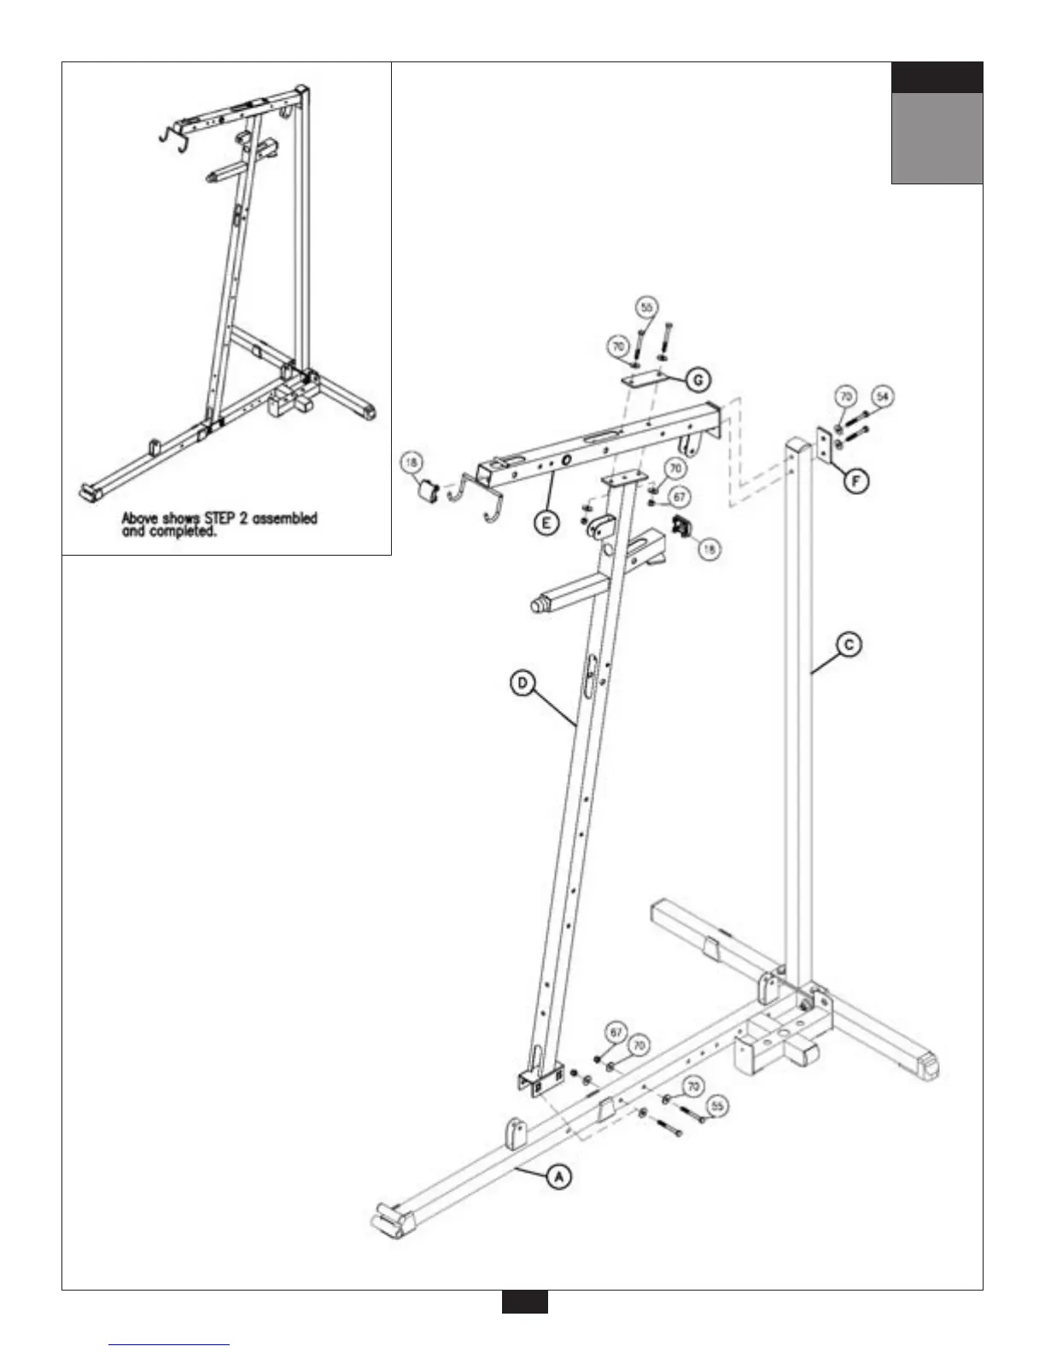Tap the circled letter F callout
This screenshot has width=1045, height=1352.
point(855,481)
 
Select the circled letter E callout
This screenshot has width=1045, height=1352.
point(547,522)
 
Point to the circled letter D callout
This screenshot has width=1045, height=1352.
point(522,683)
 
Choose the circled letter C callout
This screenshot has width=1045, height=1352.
point(849,644)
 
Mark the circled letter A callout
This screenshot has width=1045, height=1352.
point(558,1177)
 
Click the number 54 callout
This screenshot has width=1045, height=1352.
point(882,397)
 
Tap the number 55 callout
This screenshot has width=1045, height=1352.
point(718,1106)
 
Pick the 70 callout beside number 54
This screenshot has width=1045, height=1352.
point(845,397)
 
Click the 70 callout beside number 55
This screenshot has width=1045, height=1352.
point(692,1087)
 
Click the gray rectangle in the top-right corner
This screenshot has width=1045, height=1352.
point(937,137)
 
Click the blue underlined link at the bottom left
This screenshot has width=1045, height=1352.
point(170,1344)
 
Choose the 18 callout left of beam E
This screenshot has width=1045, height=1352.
point(412,463)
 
